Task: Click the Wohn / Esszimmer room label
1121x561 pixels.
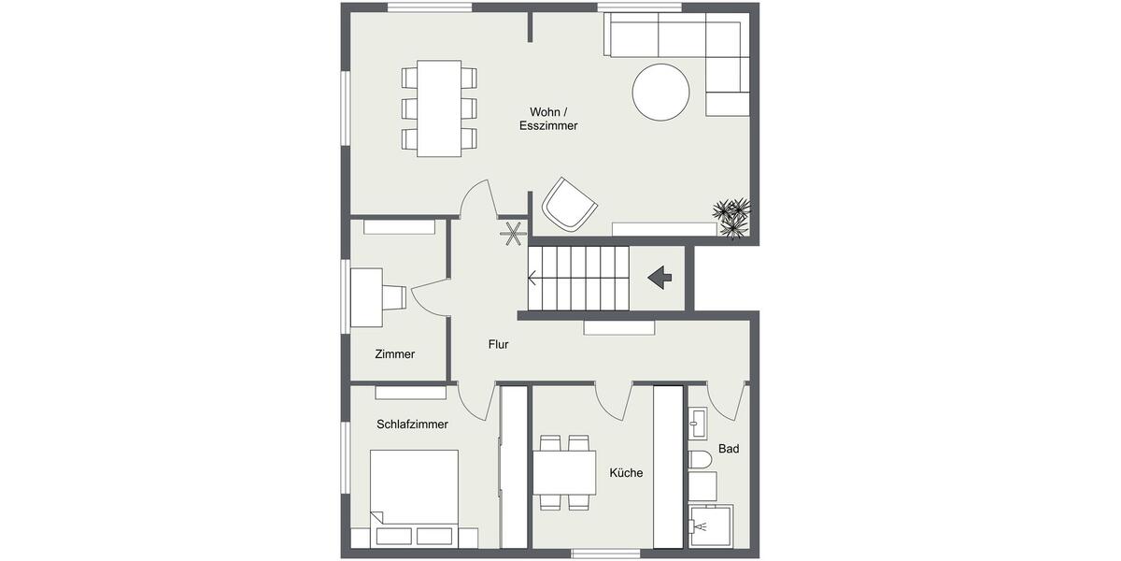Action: (548, 117)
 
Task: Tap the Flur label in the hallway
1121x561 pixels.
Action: (498, 344)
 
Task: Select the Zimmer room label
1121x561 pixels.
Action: (394, 354)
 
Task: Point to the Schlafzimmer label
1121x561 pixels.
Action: (412, 424)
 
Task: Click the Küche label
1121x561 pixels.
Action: (625, 473)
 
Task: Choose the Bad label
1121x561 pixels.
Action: (729, 449)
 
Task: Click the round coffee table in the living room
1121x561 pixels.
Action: (660, 92)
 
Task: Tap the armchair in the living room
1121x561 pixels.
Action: (569, 204)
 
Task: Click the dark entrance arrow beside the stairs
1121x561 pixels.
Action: (660, 277)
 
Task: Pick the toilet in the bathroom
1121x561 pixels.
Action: (700, 458)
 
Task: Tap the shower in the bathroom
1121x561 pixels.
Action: (709, 525)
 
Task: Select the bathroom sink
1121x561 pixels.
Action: (698, 424)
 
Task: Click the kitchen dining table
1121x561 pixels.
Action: (564, 472)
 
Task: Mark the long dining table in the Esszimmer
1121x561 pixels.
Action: (439, 108)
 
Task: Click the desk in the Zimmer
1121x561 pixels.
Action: (366, 297)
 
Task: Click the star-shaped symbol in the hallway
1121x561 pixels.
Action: (512, 234)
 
